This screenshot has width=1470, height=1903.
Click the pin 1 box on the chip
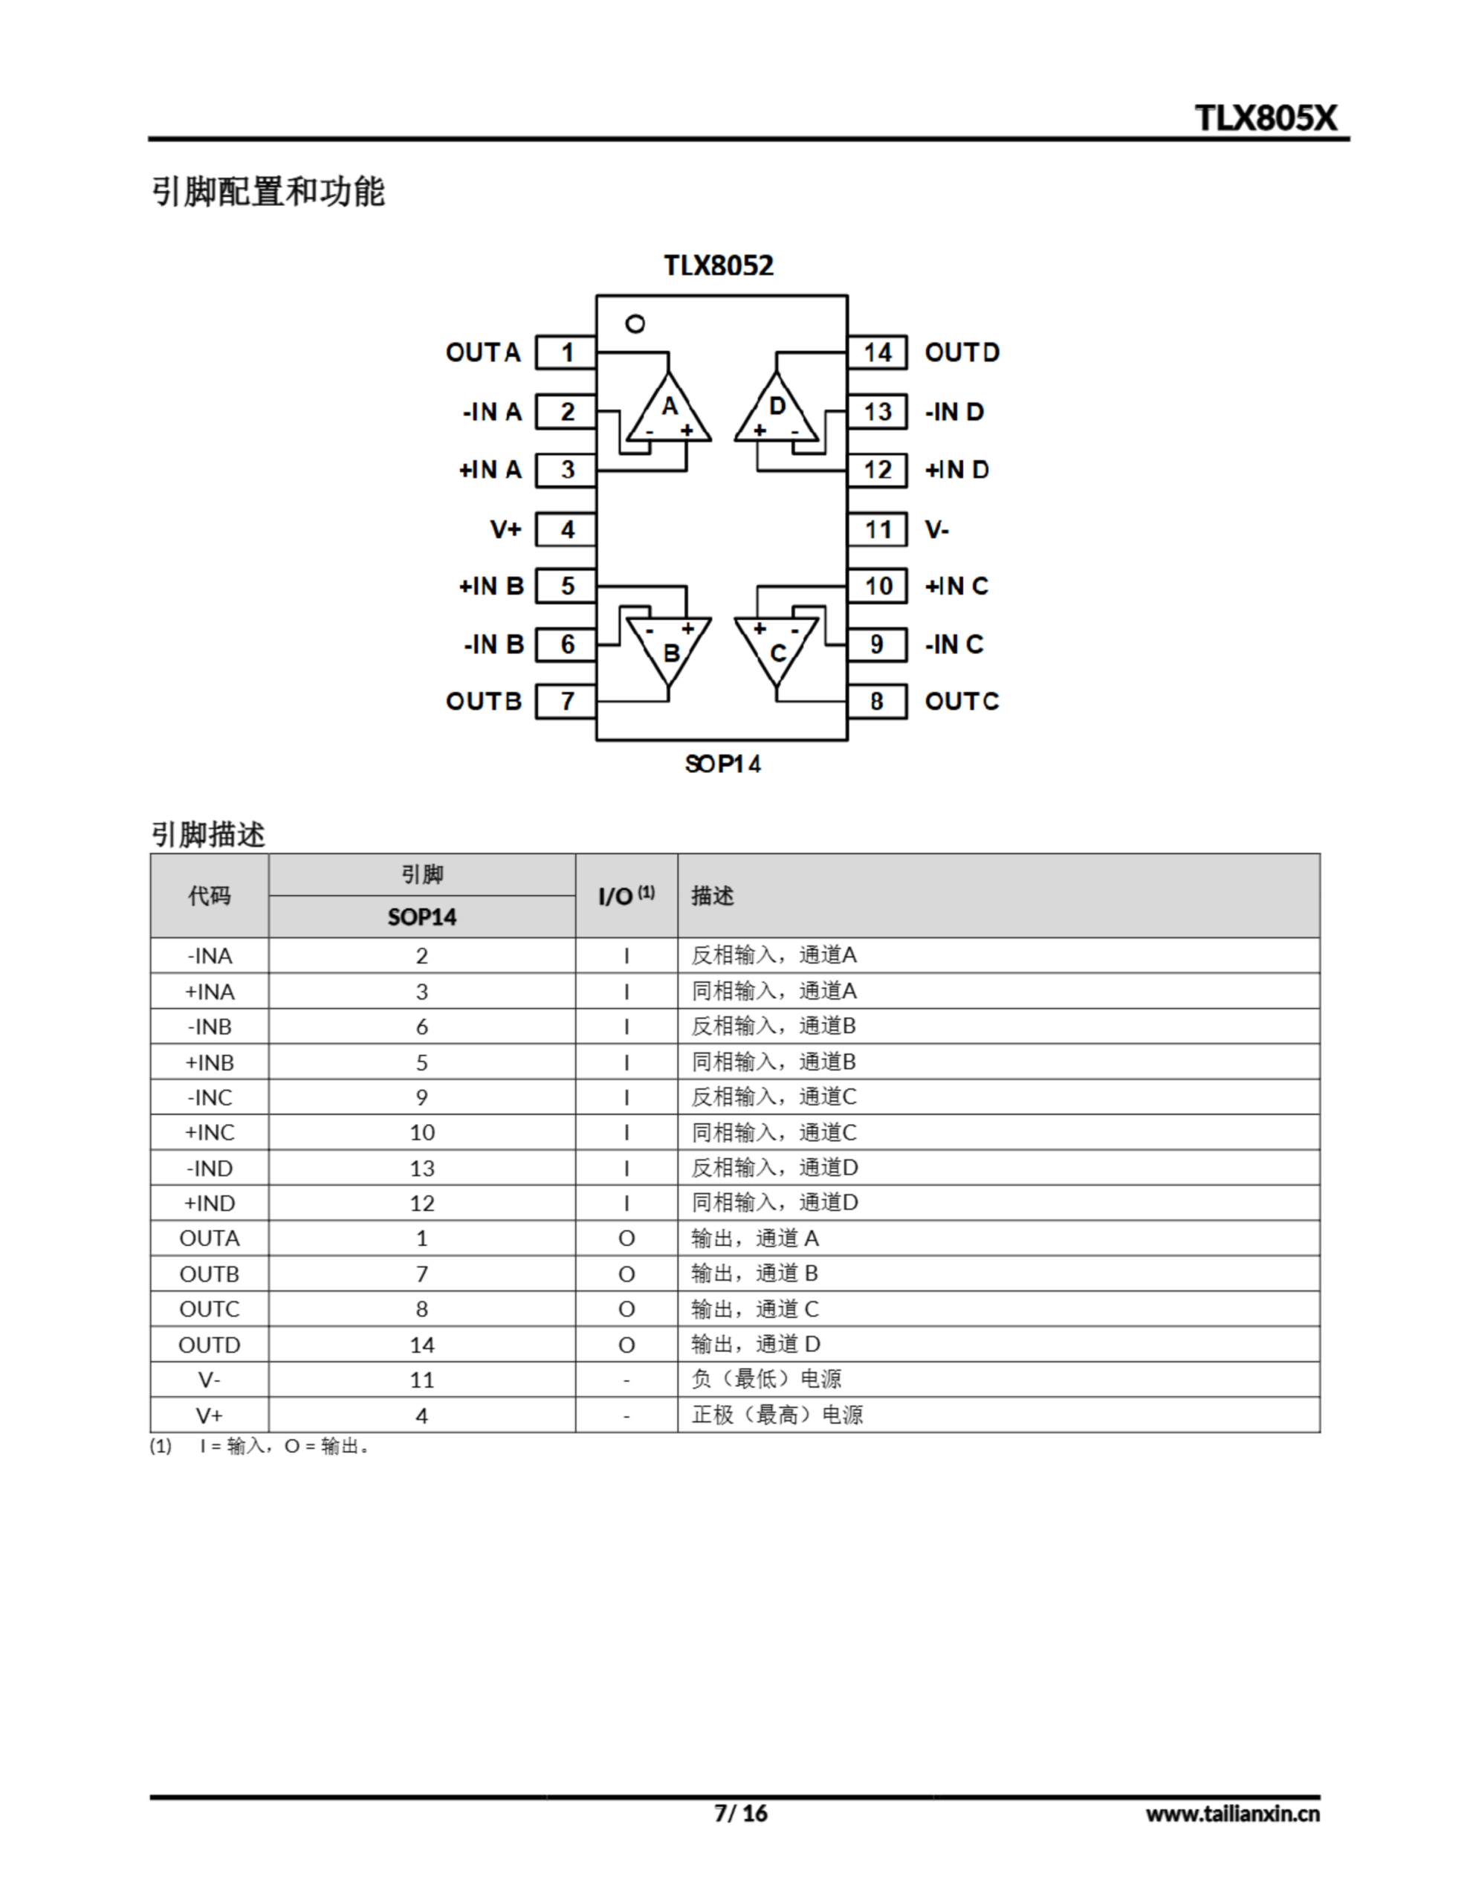coord(566,353)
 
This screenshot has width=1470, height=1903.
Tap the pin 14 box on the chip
coord(877,353)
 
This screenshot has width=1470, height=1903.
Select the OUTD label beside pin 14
coord(962,353)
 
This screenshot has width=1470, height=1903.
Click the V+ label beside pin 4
coord(505,529)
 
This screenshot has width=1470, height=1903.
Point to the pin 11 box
coord(877,529)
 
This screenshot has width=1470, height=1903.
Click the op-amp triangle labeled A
coord(668,411)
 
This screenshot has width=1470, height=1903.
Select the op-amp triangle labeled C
coord(777,647)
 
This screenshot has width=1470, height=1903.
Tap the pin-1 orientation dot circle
coord(635,324)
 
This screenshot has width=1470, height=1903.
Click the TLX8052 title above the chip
coord(718,265)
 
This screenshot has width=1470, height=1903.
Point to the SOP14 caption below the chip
coord(722,764)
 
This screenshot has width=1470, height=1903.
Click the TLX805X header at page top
coord(1265,117)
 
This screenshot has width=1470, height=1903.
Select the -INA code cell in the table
coord(209,956)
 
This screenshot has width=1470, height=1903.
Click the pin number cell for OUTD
coord(421,1345)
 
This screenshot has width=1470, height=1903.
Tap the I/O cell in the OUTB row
coord(626,1274)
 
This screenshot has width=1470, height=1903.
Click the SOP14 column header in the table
coord(421,917)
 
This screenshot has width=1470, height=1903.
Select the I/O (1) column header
coord(626,896)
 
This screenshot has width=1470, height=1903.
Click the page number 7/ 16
coord(741,1813)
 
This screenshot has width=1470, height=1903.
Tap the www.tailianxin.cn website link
coord(1232,1814)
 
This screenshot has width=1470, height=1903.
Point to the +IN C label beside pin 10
coord(956,587)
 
